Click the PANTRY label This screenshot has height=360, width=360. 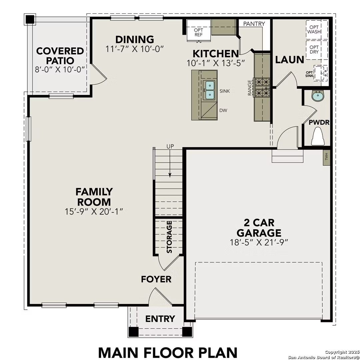[x=254, y=24]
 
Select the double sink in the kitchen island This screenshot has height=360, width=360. [x=210, y=90]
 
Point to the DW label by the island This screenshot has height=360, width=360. [x=223, y=110]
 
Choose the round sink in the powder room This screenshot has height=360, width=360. [x=318, y=96]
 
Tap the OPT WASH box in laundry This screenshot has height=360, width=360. [x=314, y=30]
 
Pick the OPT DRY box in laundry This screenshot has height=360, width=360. [x=314, y=50]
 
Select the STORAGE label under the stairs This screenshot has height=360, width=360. [x=169, y=237]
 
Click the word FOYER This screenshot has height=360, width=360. [x=156, y=279]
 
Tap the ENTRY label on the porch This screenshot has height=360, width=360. [x=160, y=319]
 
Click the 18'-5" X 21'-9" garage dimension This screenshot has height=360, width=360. [x=258, y=242]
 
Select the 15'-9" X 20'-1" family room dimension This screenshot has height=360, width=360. [x=94, y=211]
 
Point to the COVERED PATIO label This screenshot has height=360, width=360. [x=60, y=56]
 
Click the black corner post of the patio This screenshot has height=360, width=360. [x=30, y=19]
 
